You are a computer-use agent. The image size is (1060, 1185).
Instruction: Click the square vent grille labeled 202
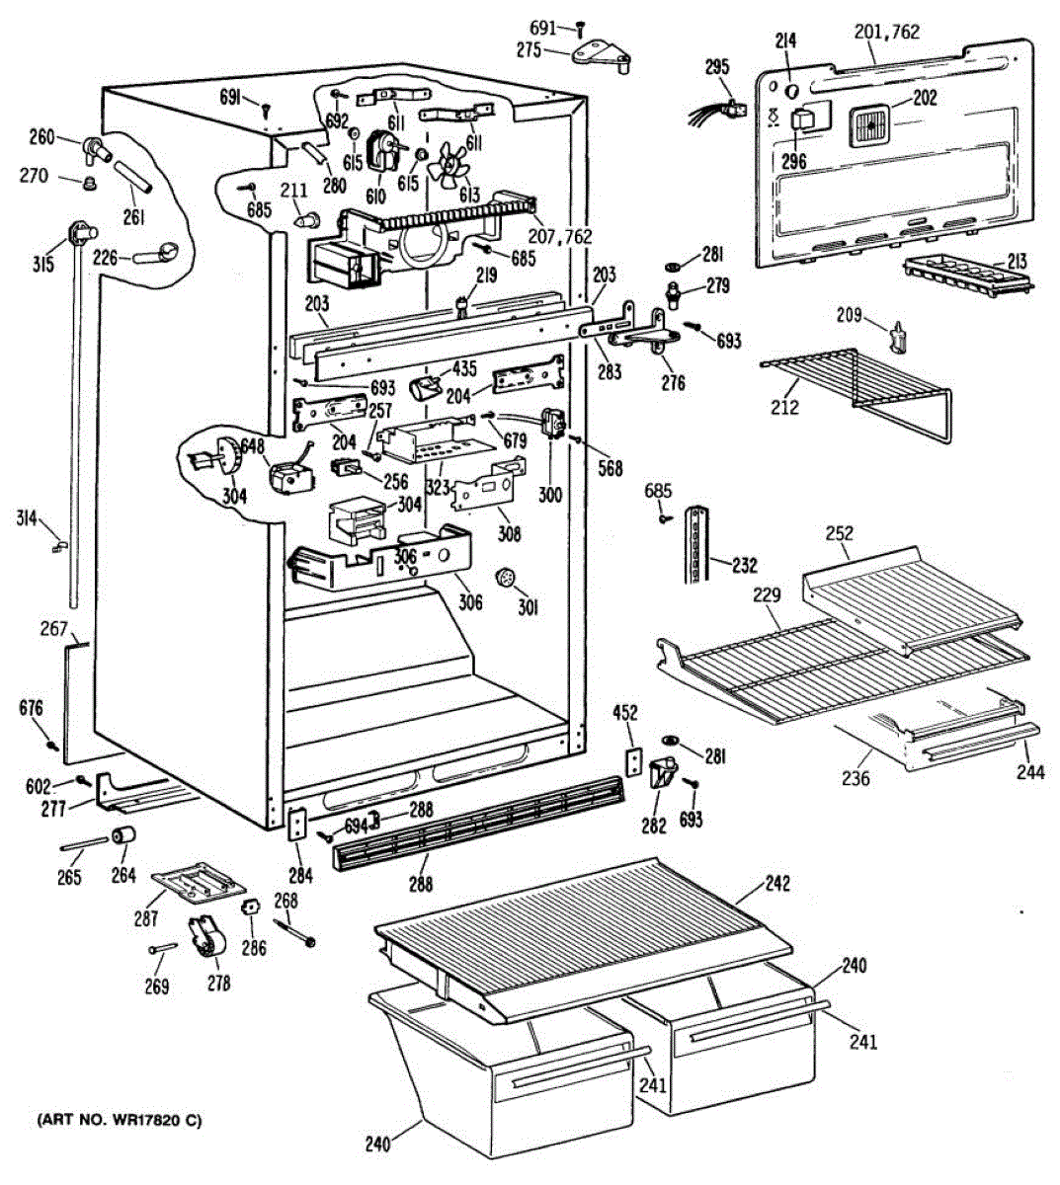(x=870, y=126)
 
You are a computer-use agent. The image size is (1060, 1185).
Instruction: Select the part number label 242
(x=777, y=884)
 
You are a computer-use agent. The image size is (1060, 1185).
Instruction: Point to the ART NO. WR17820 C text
(x=120, y=1120)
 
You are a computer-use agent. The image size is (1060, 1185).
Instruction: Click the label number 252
(x=839, y=534)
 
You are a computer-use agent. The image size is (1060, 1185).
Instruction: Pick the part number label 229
(x=767, y=595)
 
